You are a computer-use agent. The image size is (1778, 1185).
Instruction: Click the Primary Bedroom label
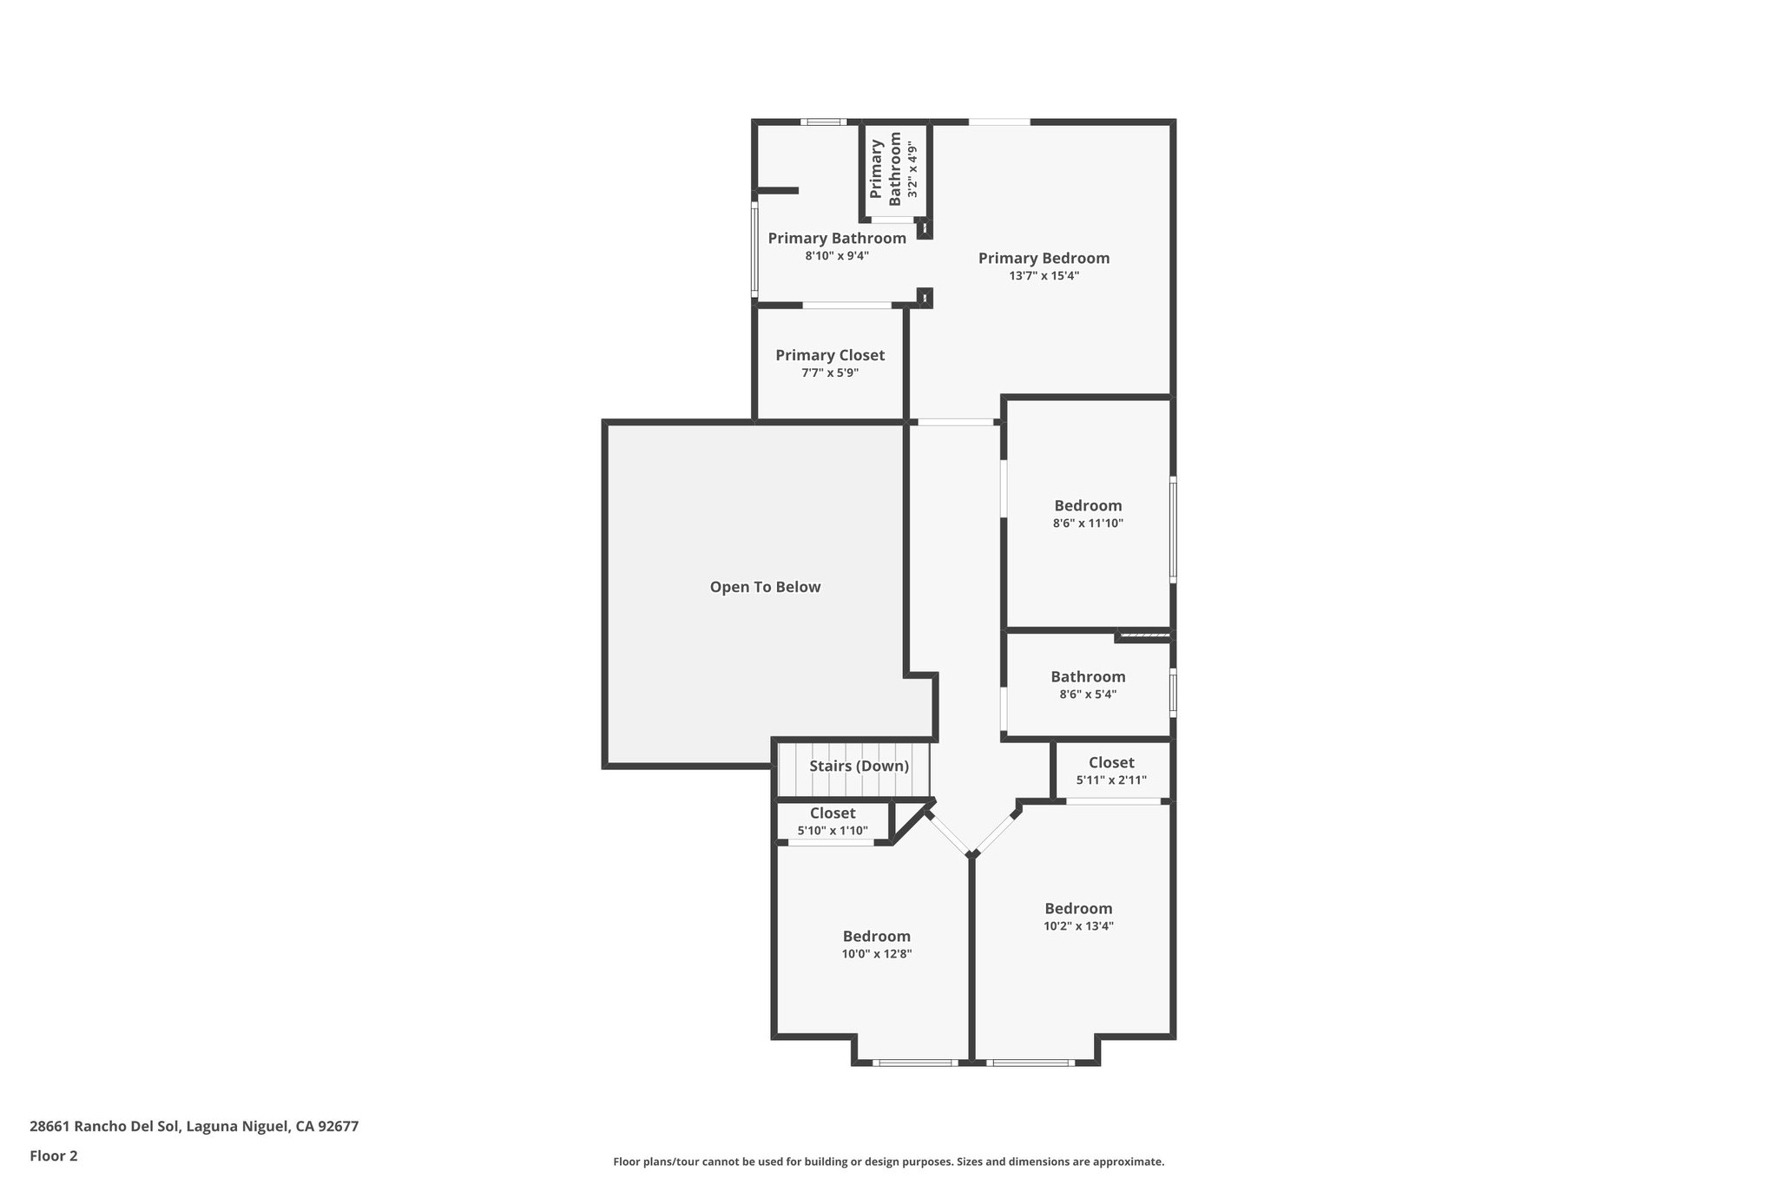tap(1044, 258)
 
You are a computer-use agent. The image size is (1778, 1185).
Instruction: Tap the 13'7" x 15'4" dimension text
tap(1044, 276)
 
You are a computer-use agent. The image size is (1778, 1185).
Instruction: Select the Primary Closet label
tap(830, 355)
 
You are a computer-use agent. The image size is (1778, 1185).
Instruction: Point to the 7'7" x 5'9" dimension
tap(830, 373)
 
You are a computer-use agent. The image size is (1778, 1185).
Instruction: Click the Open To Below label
tap(765, 587)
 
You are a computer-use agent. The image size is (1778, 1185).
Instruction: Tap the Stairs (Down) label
tap(859, 766)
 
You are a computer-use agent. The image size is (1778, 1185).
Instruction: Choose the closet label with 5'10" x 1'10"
tap(833, 813)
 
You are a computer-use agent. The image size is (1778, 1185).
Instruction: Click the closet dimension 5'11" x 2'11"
tap(1111, 780)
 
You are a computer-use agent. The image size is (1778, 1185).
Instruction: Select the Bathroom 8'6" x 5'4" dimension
tap(1088, 695)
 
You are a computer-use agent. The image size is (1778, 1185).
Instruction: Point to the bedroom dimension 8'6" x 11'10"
tap(1088, 523)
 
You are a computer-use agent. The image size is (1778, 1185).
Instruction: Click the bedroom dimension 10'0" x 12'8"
tap(876, 954)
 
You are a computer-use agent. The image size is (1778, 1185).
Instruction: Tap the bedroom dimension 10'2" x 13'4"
tap(1078, 926)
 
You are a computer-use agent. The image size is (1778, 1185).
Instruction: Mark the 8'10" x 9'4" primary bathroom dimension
tap(837, 256)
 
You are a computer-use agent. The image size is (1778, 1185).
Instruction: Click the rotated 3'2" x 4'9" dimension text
tap(912, 171)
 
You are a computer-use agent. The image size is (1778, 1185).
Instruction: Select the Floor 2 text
tap(54, 1155)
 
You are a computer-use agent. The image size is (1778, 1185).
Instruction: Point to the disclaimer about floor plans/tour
tap(888, 1162)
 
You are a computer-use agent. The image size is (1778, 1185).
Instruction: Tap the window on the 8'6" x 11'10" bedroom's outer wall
tap(1173, 530)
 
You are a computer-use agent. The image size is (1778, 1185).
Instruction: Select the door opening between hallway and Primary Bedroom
tap(955, 423)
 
